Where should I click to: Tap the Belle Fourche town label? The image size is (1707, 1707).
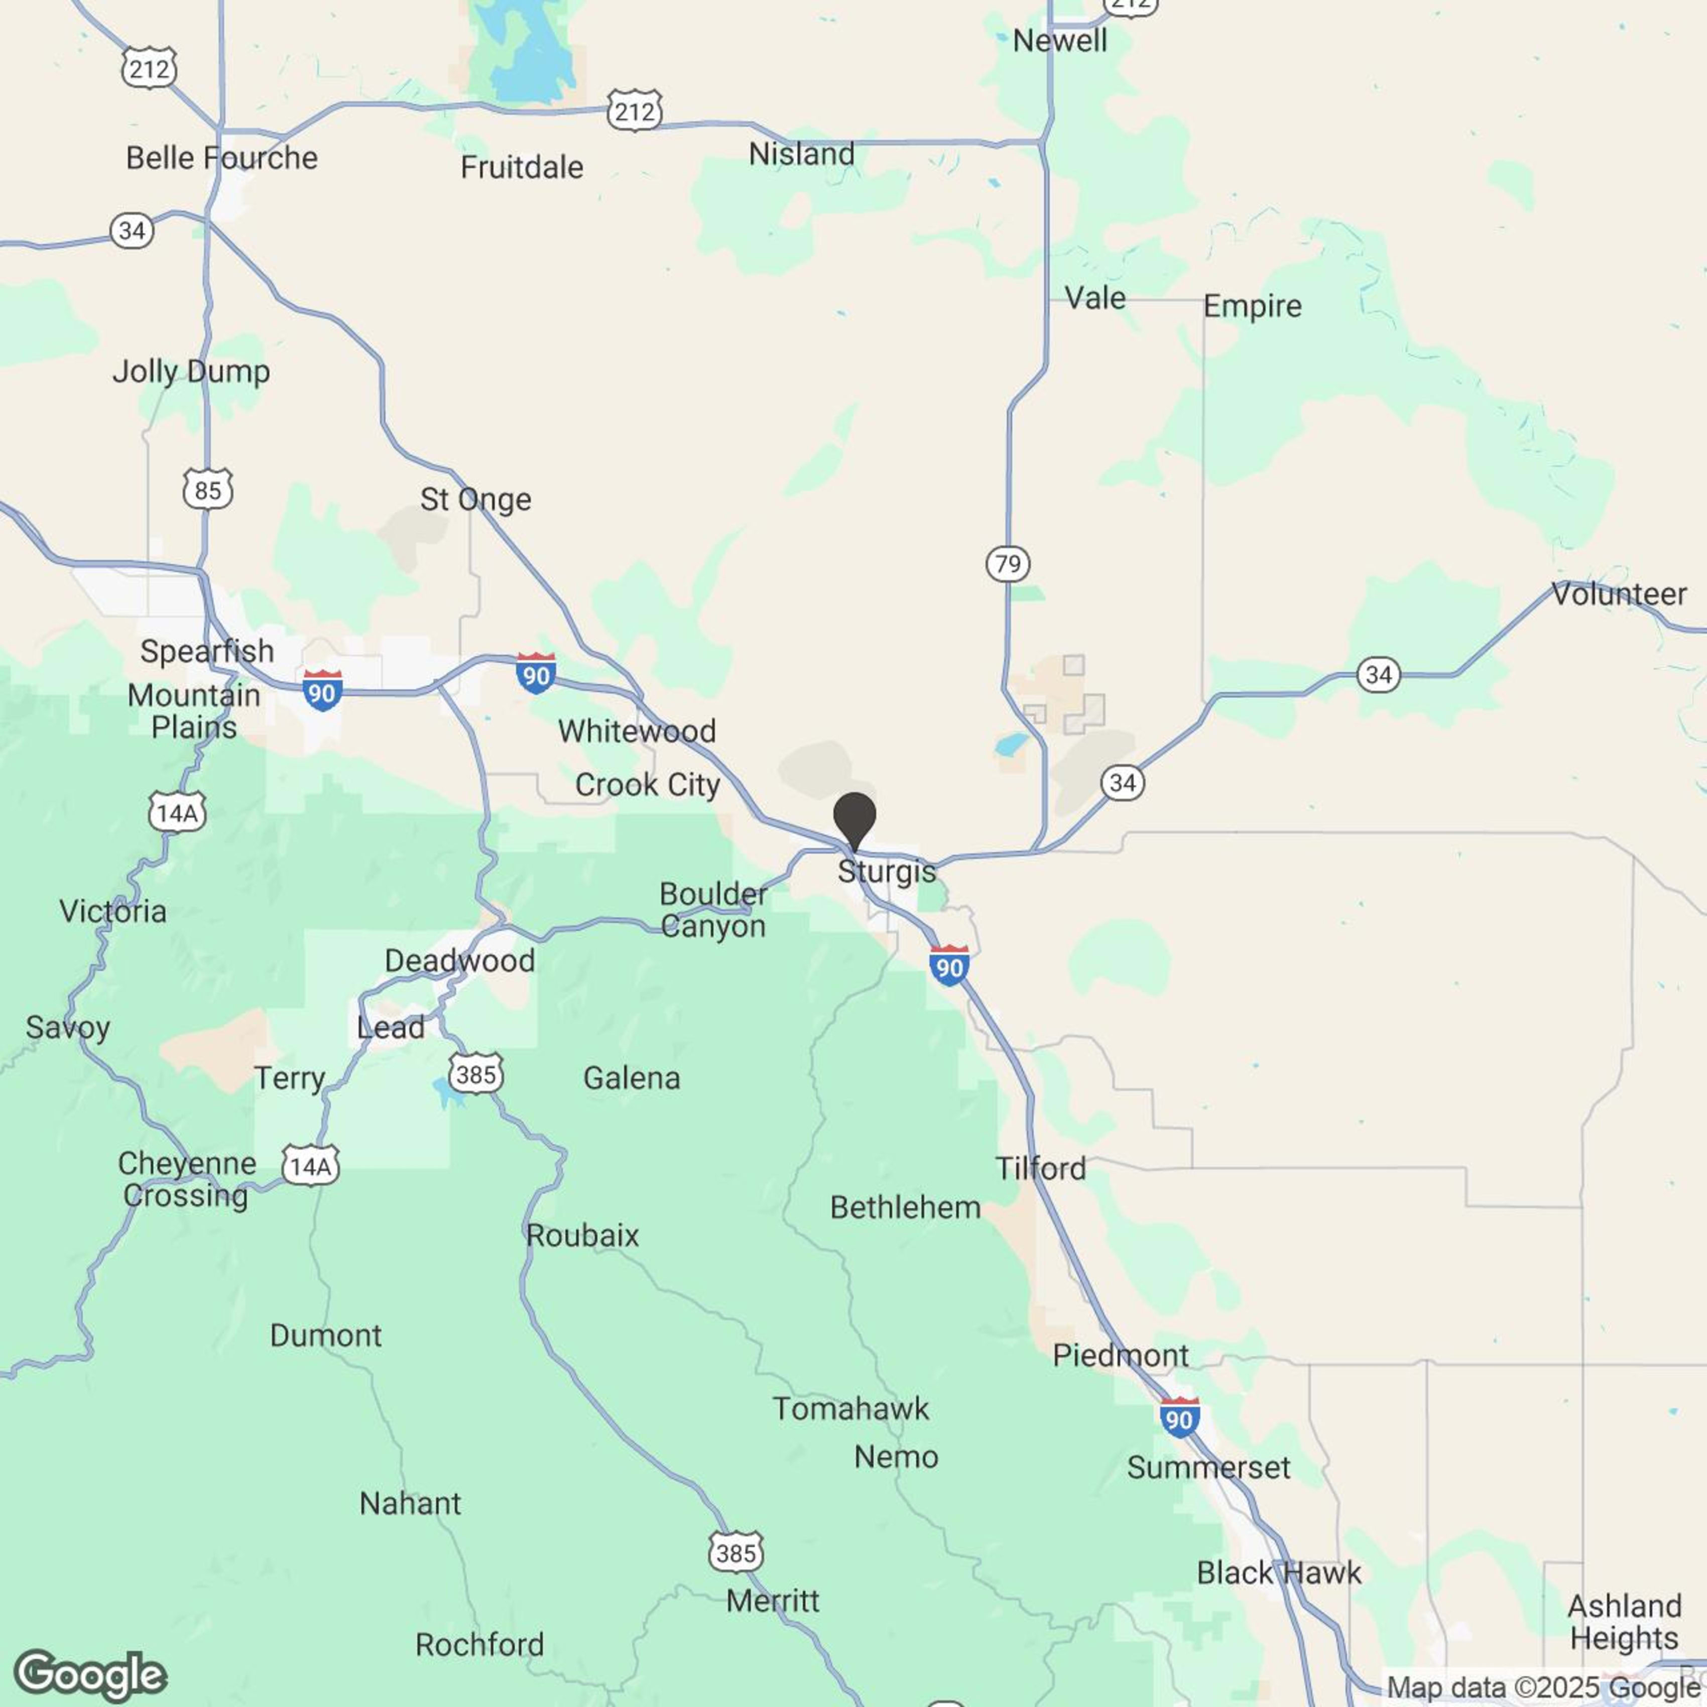(x=222, y=158)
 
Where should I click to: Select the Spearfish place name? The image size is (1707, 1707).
(x=207, y=651)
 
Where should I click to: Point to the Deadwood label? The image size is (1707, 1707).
(x=459, y=960)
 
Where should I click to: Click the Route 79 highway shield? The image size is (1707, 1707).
(x=1007, y=564)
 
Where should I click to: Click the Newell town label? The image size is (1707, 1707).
(x=1059, y=41)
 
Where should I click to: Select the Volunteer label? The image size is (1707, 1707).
(x=1619, y=594)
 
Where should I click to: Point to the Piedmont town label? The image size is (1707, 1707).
(x=1120, y=1356)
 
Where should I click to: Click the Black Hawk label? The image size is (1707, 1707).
(x=1278, y=1573)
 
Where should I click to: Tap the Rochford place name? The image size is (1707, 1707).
(x=480, y=1644)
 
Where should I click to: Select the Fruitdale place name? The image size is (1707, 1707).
(x=521, y=167)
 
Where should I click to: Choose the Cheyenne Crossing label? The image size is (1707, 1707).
(x=186, y=1179)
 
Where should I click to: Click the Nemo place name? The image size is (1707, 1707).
(x=896, y=1457)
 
